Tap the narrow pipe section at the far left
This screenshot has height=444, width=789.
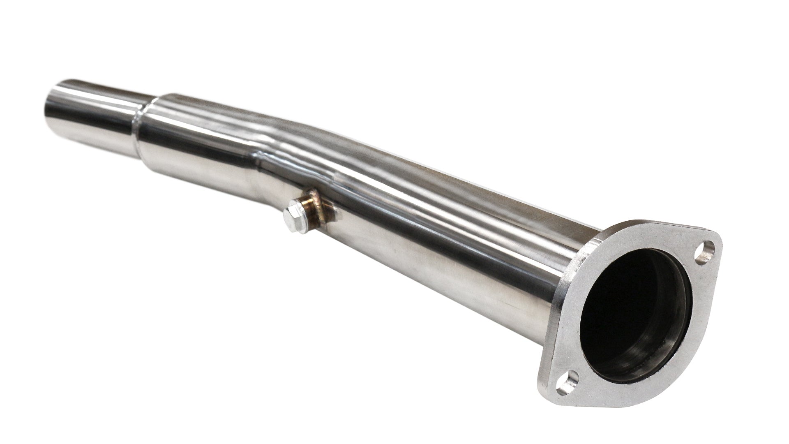click(95, 103)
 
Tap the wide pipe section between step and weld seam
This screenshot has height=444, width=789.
click(197, 136)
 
